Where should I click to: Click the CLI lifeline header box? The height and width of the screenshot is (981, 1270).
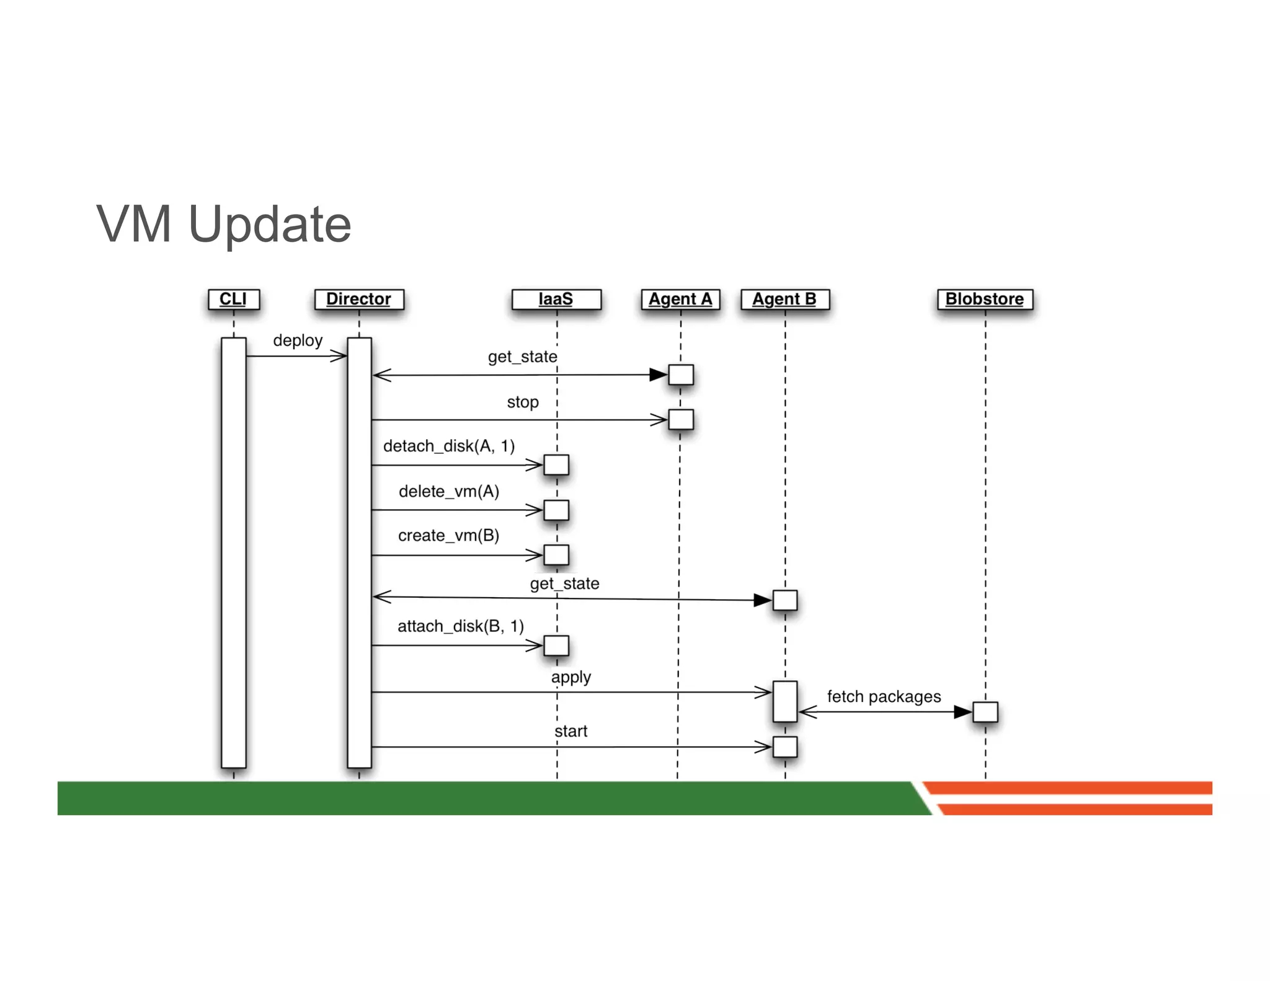pos(233,299)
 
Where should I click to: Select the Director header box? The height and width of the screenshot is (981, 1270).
pos(358,299)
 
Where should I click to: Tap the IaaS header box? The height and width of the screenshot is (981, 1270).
pos(556,299)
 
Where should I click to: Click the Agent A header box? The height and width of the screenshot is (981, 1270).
pos(680,299)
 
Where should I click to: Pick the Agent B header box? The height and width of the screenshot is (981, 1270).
pos(784,299)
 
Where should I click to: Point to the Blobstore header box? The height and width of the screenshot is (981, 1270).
pos(984,299)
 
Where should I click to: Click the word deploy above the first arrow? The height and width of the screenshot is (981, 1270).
pos(298,340)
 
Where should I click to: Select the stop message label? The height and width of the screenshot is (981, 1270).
pos(523,402)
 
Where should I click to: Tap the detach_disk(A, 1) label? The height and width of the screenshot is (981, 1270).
pos(449,446)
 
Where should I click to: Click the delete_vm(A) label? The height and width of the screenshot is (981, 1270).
pos(449,491)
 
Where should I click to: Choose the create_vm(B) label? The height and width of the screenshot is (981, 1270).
pos(449,535)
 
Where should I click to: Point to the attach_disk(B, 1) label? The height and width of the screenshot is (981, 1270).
pos(461,626)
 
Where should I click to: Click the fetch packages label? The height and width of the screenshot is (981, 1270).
pos(884,696)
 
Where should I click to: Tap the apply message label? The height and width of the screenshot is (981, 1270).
pos(571,677)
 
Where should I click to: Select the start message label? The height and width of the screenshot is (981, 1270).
pos(571,731)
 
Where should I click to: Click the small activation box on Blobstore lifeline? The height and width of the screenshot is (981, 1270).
pos(985,712)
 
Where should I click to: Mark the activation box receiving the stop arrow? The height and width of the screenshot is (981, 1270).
pos(680,420)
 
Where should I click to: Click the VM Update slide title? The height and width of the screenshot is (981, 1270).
pos(224,224)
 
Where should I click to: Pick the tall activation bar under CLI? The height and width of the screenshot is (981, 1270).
pos(233,552)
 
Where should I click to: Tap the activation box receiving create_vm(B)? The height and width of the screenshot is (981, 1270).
pos(556,555)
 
